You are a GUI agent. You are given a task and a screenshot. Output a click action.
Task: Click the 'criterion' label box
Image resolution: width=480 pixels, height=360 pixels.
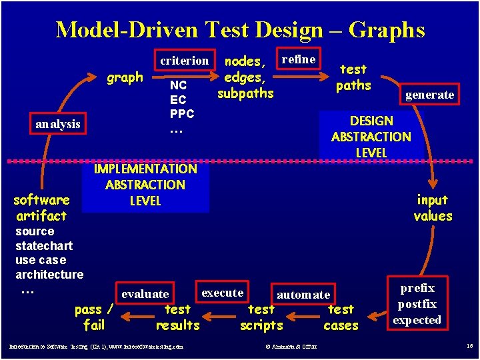(x=185, y=60)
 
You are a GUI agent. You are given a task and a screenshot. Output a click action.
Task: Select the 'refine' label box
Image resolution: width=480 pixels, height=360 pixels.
(x=299, y=59)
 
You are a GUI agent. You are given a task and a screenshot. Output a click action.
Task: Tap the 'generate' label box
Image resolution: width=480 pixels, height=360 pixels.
(x=429, y=94)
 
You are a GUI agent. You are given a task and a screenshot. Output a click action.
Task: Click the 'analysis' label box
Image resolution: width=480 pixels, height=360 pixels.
(x=58, y=123)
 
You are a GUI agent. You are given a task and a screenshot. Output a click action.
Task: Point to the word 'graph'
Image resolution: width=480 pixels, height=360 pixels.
(x=125, y=77)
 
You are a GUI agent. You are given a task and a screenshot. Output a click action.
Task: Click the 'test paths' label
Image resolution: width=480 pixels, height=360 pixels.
(x=353, y=77)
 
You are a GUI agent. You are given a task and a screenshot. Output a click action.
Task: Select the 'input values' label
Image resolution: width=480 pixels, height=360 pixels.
(x=433, y=207)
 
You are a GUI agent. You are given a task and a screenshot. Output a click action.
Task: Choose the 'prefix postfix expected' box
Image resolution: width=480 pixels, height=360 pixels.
(x=417, y=304)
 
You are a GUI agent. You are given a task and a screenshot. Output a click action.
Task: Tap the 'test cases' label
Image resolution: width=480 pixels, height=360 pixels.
(x=341, y=317)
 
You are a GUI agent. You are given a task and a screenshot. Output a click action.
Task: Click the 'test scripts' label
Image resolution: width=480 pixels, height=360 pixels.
(x=261, y=317)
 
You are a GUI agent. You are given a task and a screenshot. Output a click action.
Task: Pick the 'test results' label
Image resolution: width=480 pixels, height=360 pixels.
(x=177, y=317)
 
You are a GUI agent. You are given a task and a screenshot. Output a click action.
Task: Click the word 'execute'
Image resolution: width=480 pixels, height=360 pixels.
(x=222, y=293)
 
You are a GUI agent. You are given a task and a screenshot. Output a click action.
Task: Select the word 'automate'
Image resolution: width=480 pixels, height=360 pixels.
(x=303, y=294)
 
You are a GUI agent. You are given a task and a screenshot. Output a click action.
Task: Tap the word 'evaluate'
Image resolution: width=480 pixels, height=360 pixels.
(x=145, y=294)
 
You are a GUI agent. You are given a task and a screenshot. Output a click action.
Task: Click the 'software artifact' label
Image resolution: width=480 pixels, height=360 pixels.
(x=41, y=207)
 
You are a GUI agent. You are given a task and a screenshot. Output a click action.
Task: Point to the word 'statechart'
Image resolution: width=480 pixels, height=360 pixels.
(x=44, y=246)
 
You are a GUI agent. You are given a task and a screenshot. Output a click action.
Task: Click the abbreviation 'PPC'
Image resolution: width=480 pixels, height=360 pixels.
(x=181, y=114)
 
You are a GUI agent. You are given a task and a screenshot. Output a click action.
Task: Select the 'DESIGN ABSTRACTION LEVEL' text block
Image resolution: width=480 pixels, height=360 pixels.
(x=371, y=137)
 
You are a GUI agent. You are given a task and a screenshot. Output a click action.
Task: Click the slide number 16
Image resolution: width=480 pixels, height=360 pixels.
(x=469, y=346)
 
